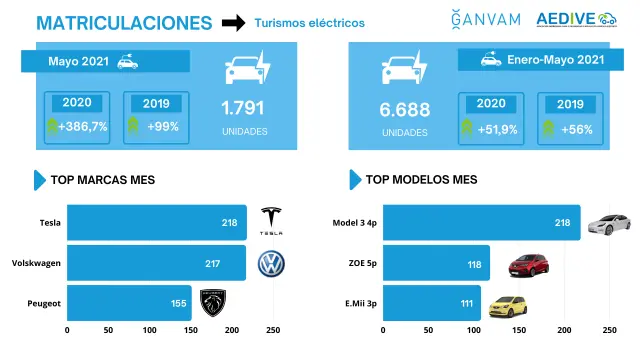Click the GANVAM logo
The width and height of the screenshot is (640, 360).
[486, 19]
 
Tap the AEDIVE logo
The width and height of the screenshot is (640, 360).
[576, 19]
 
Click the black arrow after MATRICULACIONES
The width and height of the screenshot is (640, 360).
[233, 23]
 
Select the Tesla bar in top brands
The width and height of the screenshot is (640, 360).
[157, 222]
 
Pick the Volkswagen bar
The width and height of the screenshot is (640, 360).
[156, 263]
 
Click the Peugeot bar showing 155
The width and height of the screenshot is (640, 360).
[129, 303]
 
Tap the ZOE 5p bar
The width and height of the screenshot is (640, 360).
[436, 263]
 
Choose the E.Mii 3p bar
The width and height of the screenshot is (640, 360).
[432, 303]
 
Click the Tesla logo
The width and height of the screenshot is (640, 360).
[271, 221]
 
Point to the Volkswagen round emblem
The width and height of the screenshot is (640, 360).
[271, 264]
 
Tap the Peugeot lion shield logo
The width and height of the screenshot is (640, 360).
[213, 303]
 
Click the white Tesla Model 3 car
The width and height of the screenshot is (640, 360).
[609, 224]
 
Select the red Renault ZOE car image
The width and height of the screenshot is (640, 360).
[529, 265]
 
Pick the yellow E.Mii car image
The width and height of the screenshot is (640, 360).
[508, 307]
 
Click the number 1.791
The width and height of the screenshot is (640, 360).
[243, 108]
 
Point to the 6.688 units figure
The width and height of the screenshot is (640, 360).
[404, 110]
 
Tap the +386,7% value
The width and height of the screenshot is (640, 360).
[83, 127]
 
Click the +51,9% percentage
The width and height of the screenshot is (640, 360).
[498, 130]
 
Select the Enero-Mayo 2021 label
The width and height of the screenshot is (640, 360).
[556, 60]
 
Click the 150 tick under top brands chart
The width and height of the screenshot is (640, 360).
[191, 330]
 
